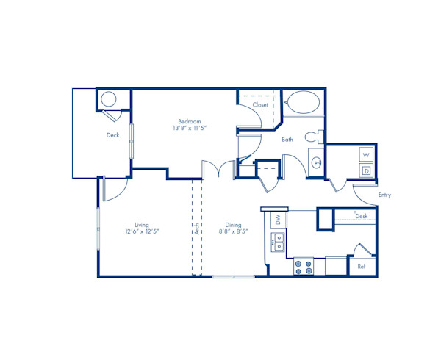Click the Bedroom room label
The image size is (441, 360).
[x=189, y=121]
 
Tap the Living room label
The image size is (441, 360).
[x=142, y=225]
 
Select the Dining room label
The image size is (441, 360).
[x=233, y=225]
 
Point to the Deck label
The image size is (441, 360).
[x=112, y=135]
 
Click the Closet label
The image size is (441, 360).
[x=260, y=105]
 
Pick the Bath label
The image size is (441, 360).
[x=287, y=139]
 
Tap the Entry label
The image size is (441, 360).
[x=384, y=195]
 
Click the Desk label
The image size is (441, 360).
[x=362, y=217]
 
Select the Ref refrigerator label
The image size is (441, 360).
[x=362, y=267]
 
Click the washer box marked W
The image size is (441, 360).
[x=366, y=155]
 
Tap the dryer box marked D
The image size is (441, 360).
[x=366, y=170]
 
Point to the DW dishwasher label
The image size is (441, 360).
[x=277, y=219]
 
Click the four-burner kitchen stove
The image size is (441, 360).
[x=304, y=266]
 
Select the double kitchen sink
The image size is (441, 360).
[x=279, y=241]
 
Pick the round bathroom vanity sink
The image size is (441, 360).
[x=317, y=162]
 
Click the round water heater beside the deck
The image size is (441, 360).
[x=108, y=99]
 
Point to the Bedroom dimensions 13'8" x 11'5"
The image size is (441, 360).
[x=189, y=128]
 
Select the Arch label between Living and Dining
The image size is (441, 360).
[x=197, y=229]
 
